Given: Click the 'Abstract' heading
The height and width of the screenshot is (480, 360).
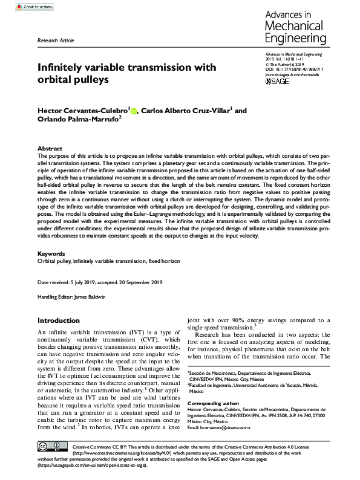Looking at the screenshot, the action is pos(50,148).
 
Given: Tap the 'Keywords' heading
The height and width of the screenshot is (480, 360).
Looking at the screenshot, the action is pos(51,254).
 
